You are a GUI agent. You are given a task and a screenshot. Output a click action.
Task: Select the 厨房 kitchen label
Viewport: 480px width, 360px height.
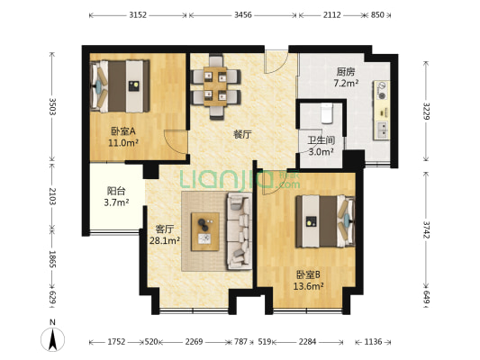(x=346, y=71)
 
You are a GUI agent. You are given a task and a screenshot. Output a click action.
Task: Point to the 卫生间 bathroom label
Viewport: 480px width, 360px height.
(x=321, y=139)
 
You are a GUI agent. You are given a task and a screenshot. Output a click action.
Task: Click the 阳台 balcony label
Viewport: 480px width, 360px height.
(x=116, y=191)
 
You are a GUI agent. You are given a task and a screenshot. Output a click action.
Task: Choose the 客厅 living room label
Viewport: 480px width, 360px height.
(x=166, y=229)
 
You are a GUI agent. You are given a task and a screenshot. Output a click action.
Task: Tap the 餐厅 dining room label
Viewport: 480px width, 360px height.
(x=242, y=134)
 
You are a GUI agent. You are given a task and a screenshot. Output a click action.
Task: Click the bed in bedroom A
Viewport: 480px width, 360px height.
(x=120, y=84)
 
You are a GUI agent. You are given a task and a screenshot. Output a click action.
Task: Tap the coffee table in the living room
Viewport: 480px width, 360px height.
(x=206, y=229)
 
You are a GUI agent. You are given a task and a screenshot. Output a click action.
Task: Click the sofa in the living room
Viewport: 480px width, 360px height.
(x=240, y=231)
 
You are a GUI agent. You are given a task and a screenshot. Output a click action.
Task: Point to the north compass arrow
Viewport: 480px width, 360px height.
(x=53, y=339)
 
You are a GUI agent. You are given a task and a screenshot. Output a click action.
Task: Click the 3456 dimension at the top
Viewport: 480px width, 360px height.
(x=242, y=15)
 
